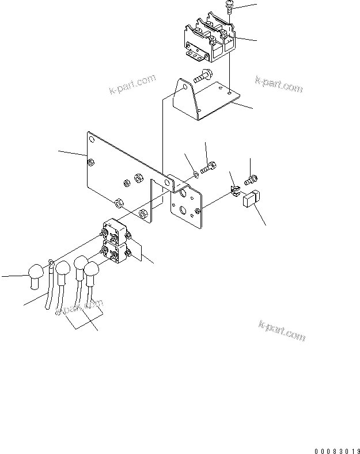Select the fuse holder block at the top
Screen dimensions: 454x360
coord(210,40)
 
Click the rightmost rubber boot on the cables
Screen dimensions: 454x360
coord(91,274)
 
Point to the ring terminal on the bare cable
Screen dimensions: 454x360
coord(52,265)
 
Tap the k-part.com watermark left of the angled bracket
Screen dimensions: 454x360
coord(132,85)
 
